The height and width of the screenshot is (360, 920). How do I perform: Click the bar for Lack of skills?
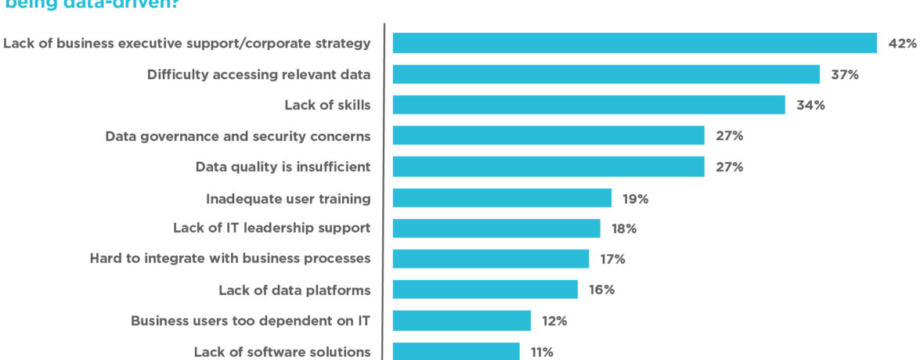click(x=588, y=105)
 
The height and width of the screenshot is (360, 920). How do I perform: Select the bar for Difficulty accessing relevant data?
click(x=606, y=74)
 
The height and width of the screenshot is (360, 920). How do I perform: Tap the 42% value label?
click(x=902, y=44)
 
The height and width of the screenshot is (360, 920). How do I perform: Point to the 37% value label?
click(x=845, y=74)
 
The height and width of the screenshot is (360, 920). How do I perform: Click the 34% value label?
click(x=810, y=105)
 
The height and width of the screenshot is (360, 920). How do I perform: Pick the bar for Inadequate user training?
click(x=502, y=198)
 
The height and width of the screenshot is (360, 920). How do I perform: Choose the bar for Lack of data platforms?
click(x=485, y=290)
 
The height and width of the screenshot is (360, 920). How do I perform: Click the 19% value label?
click(x=636, y=199)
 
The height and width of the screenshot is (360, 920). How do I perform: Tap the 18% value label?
click(x=624, y=229)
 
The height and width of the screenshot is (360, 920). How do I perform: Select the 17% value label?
click(x=613, y=259)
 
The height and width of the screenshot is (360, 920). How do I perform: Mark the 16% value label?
click(x=602, y=290)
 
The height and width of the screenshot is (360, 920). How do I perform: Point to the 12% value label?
click(x=554, y=321)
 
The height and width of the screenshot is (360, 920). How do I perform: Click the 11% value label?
click(x=542, y=352)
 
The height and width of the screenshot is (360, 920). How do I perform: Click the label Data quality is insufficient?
click(x=283, y=167)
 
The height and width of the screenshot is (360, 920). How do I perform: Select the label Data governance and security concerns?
click(x=238, y=136)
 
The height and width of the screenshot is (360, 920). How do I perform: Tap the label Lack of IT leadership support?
click(x=272, y=228)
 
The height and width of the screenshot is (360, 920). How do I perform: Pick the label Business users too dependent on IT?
click(x=251, y=320)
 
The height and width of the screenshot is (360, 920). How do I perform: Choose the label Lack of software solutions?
click(x=282, y=351)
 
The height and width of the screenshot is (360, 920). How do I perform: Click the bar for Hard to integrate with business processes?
click(x=490, y=259)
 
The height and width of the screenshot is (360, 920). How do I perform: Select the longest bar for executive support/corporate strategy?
click(x=634, y=43)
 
